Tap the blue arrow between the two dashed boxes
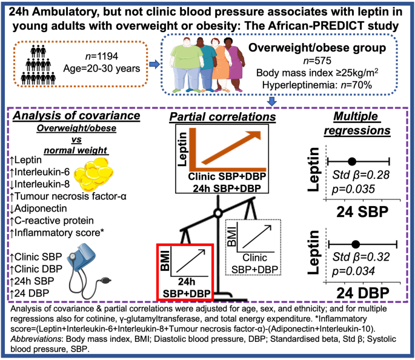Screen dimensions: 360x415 (154, 63)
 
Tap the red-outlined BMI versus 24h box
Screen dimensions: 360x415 (185, 272)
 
